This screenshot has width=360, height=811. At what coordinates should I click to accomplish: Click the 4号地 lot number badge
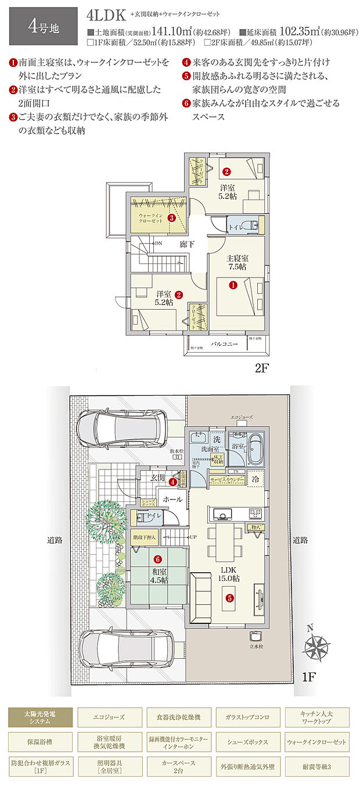point(43,26)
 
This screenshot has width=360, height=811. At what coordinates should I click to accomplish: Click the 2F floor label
point(262,368)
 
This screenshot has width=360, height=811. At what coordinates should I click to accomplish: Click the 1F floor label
point(309,676)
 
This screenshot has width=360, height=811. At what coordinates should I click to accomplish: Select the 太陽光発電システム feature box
point(41,717)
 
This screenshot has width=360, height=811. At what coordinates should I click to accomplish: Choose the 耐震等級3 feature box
point(317,766)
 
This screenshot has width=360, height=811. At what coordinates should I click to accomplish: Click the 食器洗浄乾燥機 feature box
point(179,717)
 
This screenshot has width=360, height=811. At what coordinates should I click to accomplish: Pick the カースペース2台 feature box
point(179,766)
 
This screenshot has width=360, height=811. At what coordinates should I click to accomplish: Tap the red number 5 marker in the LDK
point(230,597)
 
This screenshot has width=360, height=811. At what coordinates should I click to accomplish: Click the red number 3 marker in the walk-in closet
point(171,218)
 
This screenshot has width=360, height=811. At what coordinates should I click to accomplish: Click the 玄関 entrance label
point(159,478)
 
